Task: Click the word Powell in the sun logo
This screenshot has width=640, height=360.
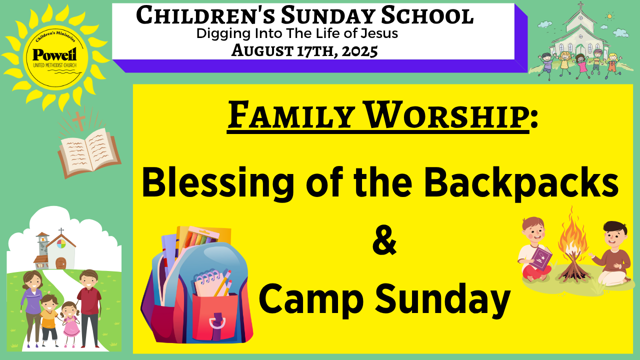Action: pyautogui.click(x=54, y=54)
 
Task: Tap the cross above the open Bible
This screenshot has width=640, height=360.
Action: pyautogui.click(x=78, y=120)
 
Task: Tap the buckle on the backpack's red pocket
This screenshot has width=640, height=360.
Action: pyautogui.click(x=217, y=321)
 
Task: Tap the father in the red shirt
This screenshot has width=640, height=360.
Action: pyautogui.click(x=89, y=308)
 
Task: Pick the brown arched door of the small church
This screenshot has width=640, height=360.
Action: pyautogui.click(x=61, y=263)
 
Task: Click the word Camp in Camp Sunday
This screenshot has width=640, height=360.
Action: pyautogui.click(x=311, y=299)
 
